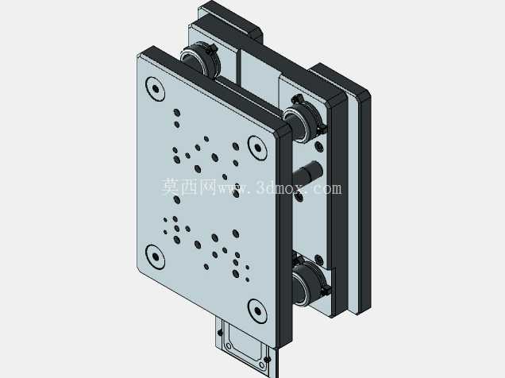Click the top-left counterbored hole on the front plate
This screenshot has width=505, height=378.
[x=156, y=88]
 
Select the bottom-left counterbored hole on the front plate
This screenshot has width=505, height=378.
[x=156, y=256]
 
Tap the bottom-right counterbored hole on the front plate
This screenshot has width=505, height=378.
[x=257, y=310]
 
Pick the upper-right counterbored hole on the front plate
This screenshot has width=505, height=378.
[x=257, y=148]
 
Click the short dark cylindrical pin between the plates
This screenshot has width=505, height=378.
[x=308, y=171]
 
